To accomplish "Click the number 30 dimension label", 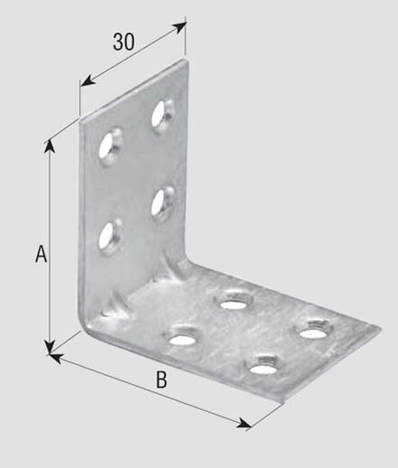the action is pos(124,42).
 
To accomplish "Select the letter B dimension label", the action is pos(162,380).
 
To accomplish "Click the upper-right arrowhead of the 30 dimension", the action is pos(179,28).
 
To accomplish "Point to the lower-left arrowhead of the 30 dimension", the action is pos(88,80).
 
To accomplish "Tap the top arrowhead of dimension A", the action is pos(50,146).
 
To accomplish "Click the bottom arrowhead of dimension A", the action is pos(49,346).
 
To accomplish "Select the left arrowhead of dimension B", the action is pos(55,358).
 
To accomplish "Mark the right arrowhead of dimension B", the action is pos(244,423).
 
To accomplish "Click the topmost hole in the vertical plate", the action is pos(162,117).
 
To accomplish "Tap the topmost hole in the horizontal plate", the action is pos(233,301).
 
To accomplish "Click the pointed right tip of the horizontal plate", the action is pos(380,329).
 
